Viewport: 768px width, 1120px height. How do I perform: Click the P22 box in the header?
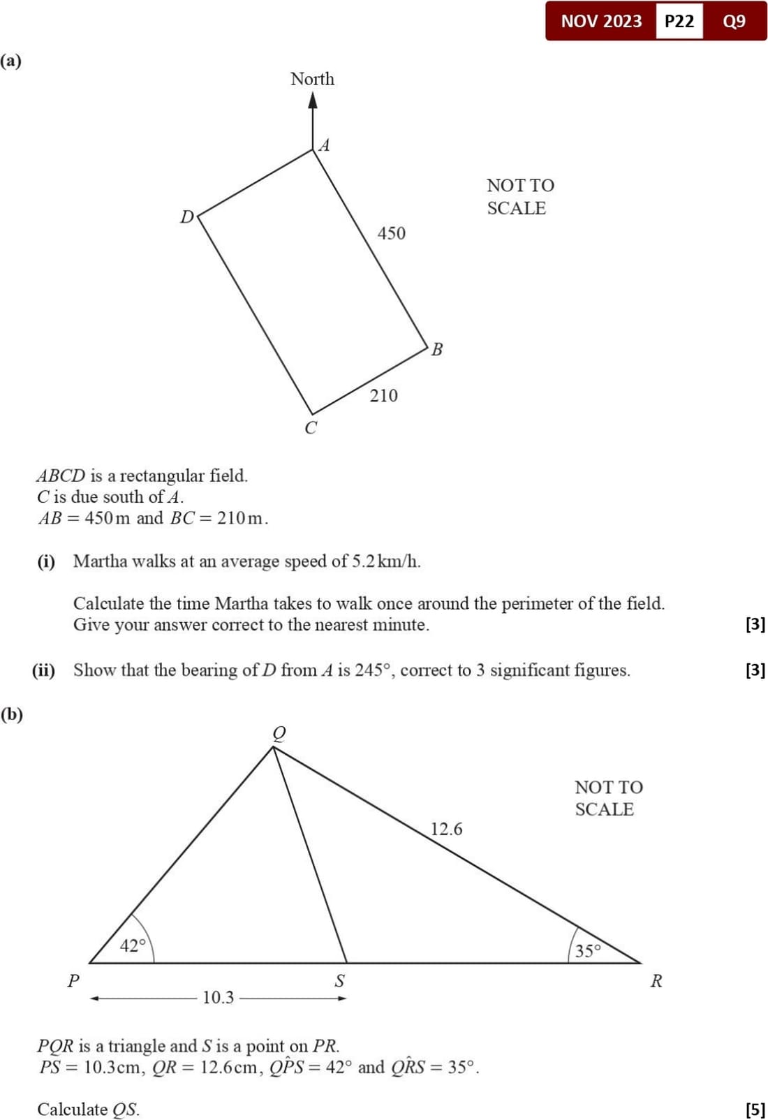tap(679, 21)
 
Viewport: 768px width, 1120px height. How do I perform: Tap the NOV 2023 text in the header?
tap(601, 21)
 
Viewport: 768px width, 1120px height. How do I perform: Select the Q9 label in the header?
tap(734, 21)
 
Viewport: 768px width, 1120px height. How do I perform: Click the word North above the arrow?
tap(312, 79)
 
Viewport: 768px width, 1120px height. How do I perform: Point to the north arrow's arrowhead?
tap(313, 101)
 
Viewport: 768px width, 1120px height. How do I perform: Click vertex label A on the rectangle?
tap(325, 145)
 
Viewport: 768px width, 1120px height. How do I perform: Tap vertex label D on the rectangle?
tap(186, 217)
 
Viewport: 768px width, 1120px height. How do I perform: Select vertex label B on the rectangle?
tap(437, 349)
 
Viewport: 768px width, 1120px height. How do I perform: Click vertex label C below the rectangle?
tap(311, 427)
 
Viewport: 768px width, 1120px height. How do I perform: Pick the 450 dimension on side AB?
tap(391, 233)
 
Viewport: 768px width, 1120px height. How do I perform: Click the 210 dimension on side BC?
tap(383, 396)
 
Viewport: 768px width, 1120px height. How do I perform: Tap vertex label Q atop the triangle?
tap(279, 732)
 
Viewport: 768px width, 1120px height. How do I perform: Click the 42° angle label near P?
tap(133, 945)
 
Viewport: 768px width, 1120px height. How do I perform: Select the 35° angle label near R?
tap(588, 950)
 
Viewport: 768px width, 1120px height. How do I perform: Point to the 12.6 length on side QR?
tap(446, 829)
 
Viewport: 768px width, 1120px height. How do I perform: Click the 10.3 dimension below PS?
tap(218, 997)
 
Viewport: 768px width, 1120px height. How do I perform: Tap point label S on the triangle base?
tap(339, 981)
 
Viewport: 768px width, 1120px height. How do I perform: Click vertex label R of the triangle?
tap(656, 981)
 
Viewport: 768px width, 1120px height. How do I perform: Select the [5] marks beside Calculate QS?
tap(755, 1110)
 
